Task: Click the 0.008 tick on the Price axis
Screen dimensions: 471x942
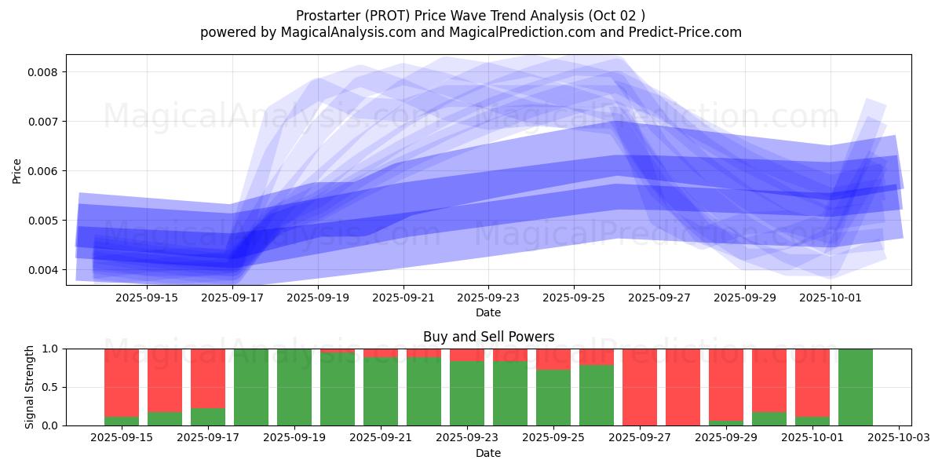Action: (45, 72)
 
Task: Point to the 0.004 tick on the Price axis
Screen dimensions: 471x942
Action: (45, 270)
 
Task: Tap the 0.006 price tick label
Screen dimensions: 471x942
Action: (45, 171)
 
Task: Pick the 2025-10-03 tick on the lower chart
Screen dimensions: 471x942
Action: (898, 437)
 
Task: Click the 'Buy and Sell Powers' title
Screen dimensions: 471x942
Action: (488, 337)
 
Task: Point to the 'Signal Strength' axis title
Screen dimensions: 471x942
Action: (29, 387)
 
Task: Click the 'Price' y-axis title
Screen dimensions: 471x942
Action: (17, 170)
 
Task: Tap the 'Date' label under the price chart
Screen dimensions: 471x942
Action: (488, 312)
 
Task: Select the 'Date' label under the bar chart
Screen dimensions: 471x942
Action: (488, 453)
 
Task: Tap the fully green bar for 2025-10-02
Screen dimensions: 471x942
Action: (855, 387)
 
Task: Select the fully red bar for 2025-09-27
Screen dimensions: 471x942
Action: (640, 387)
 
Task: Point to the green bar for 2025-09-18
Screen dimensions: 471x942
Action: (251, 387)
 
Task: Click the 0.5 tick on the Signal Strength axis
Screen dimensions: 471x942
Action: (52, 387)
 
